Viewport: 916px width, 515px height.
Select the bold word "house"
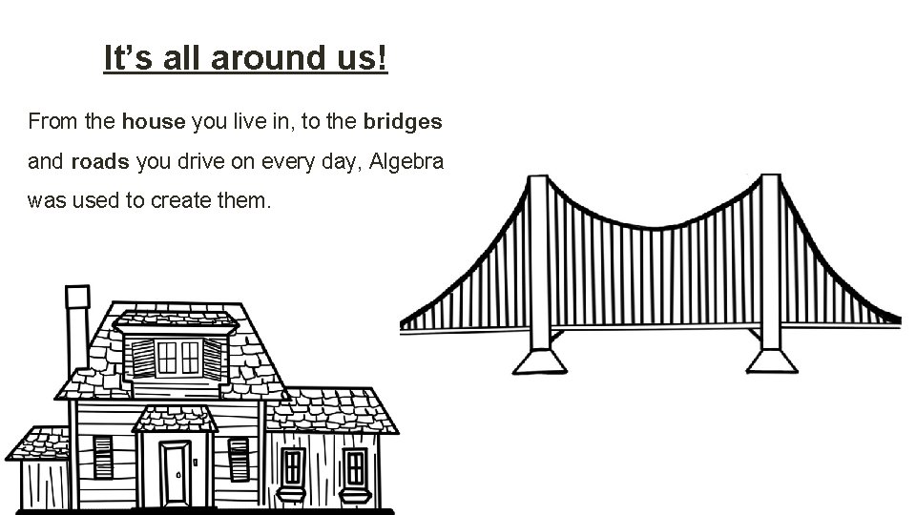[x=155, y=122]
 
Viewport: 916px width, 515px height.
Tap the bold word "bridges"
[x=402, y=122]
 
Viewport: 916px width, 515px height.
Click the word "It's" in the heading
[x=125, y=59]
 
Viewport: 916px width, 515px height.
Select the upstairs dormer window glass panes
[x=178, y=358]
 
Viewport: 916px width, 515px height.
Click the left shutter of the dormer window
[x=142, y=359]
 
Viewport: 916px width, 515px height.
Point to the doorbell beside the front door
[x=195, y=462]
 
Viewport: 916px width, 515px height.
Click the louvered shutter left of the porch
[x=103, y=458]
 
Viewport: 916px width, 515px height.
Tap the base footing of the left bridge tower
[x=541, y=361]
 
